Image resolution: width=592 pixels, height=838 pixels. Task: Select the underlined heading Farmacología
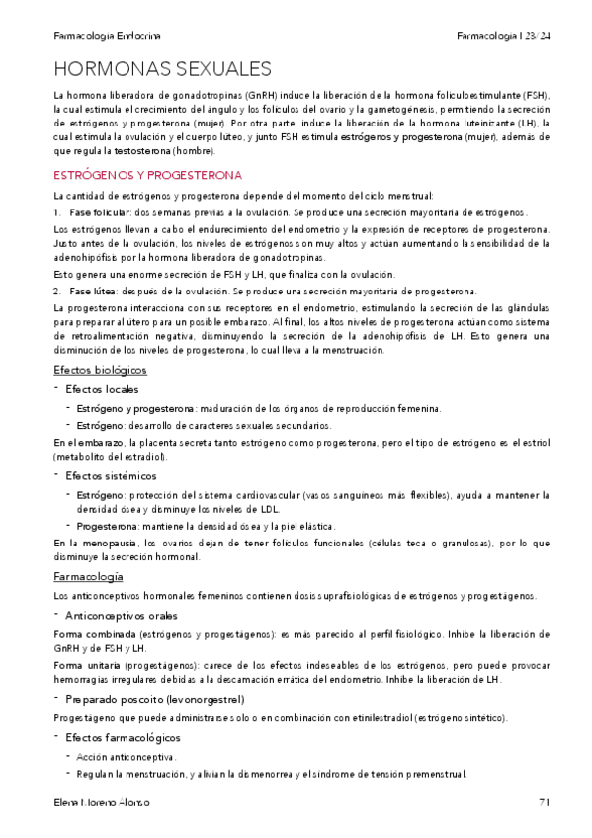pyautogui.click(x=88, y=575)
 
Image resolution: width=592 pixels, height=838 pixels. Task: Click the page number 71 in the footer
pyautogui.click(x=544, y=802)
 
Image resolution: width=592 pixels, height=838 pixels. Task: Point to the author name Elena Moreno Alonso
pyautogui.click(x=103, y=802)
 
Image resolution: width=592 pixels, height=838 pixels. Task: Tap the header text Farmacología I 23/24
pyautogui.click(x=504, y=35)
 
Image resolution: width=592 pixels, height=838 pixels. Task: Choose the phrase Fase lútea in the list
pyautogui.click(x=93, y=291)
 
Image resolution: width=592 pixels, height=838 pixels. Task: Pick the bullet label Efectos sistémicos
pyautogui.click(x=111, y=475)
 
